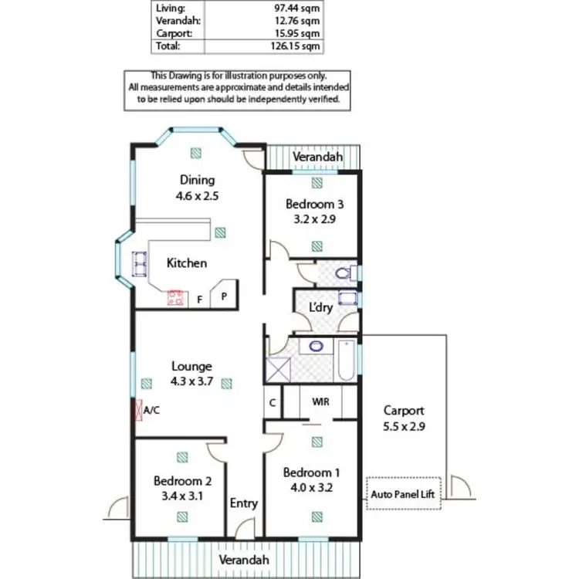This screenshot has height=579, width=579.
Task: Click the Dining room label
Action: (x=197, y=180)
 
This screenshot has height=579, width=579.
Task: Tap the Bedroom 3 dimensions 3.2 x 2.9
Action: (x=314, y=218)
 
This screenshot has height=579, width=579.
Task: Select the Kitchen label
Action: (x=188, y=263)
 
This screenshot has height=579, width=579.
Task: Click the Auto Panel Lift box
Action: (x=403, y=493)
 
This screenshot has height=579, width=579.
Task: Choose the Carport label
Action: (x=403, y=411)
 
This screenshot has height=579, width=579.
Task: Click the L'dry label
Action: (x=320, y=306)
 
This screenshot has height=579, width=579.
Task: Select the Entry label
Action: (x=244, y=503)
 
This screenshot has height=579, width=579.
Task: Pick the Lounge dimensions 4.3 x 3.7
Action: (x=191, y=381)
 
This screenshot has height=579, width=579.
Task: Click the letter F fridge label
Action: (x=199, y=300)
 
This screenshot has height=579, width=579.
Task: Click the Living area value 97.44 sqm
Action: (x=299, y=8)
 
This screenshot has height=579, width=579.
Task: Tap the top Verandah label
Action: (x=317, y=157)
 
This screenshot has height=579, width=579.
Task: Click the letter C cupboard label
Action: (x=273, y=402)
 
